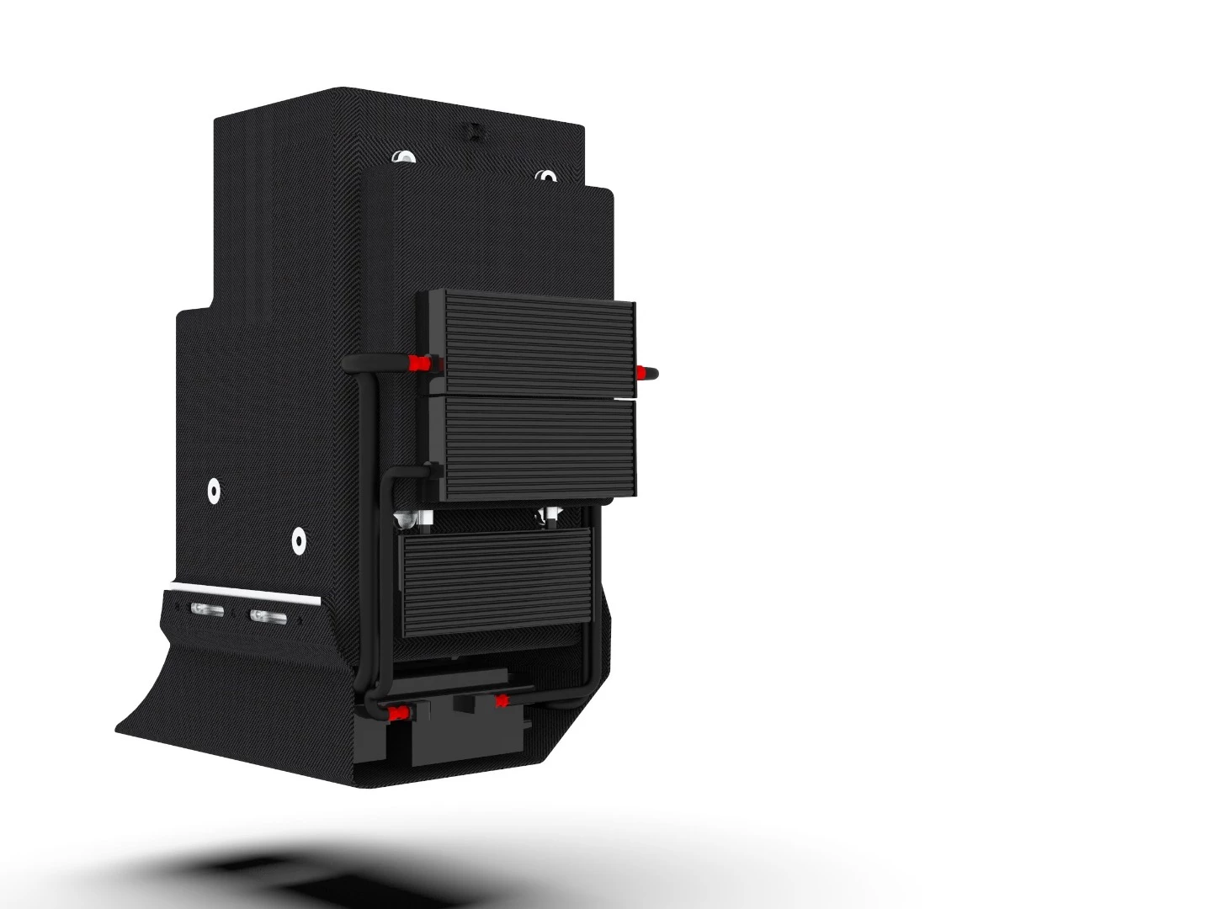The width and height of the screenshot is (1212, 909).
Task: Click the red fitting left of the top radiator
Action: [416, 363]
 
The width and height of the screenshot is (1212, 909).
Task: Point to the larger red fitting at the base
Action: [395, 714]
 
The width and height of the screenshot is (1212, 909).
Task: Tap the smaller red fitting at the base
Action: [502, 699]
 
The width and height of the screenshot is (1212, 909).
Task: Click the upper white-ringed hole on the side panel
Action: [215, 491]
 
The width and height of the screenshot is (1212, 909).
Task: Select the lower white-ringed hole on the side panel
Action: [298, 540]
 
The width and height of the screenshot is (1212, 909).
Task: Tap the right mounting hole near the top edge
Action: [547, 178]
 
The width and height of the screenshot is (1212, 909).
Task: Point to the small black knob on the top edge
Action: [473, 130]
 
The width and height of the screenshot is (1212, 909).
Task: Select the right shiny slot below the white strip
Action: [268, 617]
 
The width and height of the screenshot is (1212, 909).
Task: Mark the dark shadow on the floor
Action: [252, 875]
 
